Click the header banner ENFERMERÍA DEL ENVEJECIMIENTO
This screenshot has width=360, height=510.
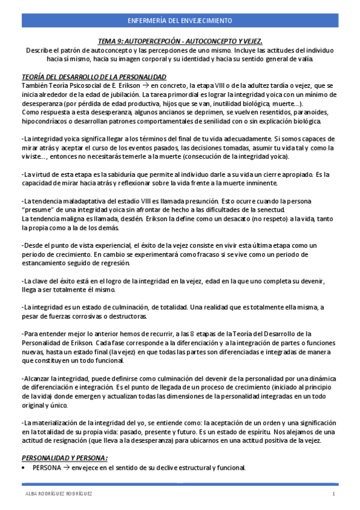180,21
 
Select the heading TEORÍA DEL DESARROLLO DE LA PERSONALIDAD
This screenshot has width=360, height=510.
94,78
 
